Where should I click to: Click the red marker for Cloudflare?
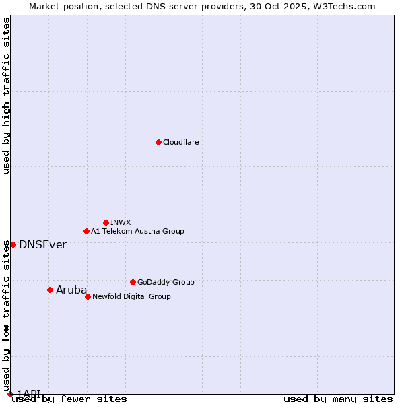(158, 142)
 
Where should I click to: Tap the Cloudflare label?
(180, 142)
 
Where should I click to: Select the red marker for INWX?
(106, 222)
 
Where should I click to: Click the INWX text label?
(121, 222)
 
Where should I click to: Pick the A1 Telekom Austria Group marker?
(86, 231)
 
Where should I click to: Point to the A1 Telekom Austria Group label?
(137, 231)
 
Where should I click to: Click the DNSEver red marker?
(13, 244)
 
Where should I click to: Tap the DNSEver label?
(42, 244)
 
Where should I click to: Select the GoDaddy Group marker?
(133, 282)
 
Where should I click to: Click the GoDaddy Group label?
(165, 282)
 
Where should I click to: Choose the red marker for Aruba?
(50, 290)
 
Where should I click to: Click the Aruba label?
(71, 290)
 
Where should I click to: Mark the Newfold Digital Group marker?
(88, 296)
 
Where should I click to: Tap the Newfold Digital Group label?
(131, 296)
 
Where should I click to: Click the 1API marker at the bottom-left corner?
(10, 393)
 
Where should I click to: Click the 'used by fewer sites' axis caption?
(69, 399)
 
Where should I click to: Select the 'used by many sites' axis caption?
(338, 399)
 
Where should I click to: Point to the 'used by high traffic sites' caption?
(7, 96)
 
